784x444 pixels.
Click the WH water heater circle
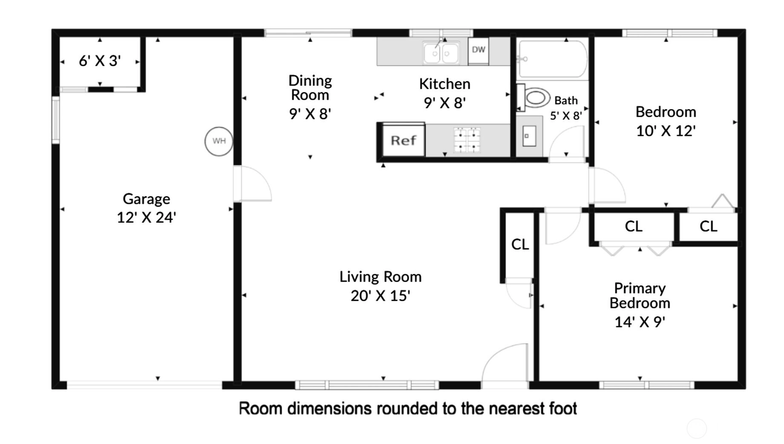tap(219, 141)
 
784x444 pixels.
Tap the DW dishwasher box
tap(478, 51)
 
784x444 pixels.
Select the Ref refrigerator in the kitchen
tap(404, 140)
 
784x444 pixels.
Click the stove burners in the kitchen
tap(467, 140)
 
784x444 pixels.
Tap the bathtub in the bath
tap(552, 59)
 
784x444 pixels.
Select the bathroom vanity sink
tap(529, 136)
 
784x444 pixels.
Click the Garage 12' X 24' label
tap(147, 208)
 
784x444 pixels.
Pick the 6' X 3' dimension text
tap(100, 61)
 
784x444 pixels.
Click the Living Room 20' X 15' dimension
tap(380, 296)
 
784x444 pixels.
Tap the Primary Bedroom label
tap(640, 296)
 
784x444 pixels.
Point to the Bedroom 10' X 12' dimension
tap(666, 131)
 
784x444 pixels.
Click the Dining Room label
tap(310, 87)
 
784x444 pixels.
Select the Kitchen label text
tap(445, 84)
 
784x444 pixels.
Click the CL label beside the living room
tap(520, 244)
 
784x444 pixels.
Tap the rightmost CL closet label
tap(708, 226)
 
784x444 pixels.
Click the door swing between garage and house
tap(253, 184)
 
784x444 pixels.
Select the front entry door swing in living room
tap(505, 365)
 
